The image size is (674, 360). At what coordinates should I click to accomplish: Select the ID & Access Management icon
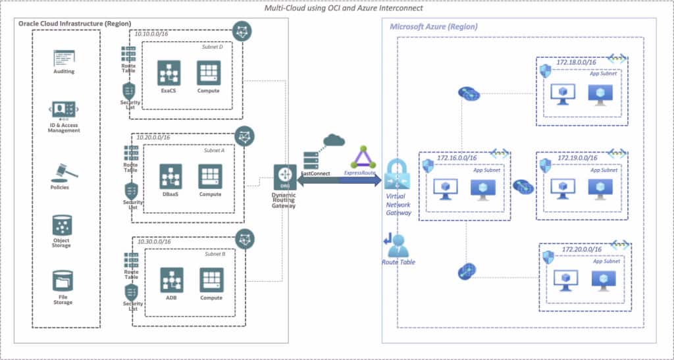64,110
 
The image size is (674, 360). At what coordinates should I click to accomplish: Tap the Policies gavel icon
64,170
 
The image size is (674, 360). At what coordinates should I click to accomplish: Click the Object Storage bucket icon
63,226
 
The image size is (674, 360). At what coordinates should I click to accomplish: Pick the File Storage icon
63,281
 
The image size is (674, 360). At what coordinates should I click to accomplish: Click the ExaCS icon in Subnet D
168,72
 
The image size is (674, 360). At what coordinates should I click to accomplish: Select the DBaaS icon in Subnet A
170,176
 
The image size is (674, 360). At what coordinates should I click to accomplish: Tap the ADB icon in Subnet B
170,280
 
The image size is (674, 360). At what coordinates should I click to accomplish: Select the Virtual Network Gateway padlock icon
398,174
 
